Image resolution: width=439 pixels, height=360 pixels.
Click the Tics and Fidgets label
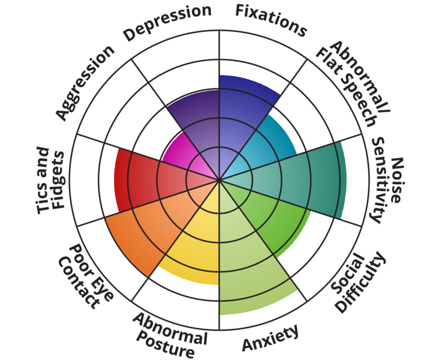[x=50, y=179]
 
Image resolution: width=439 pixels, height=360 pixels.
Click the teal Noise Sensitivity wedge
[x=300, y=180]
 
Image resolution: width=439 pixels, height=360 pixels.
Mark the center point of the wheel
[x=220, y=179]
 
